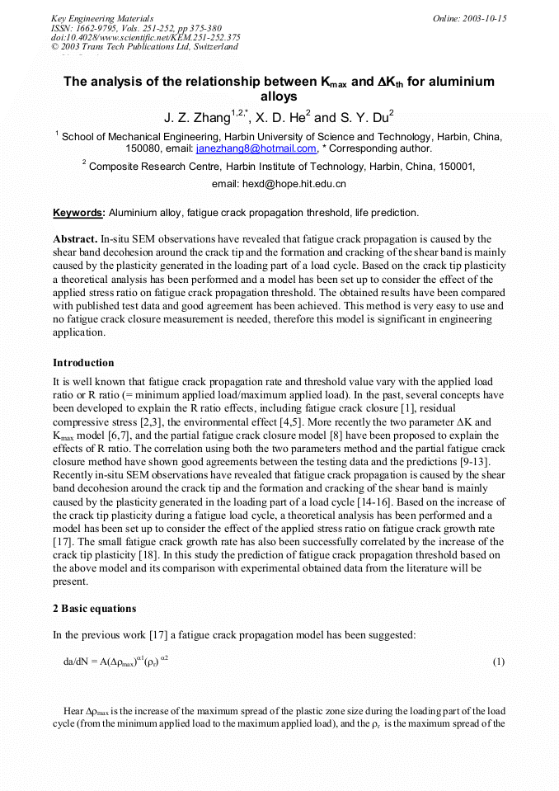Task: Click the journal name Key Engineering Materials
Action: (x=101, y=17)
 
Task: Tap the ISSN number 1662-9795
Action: (x=96, y=27)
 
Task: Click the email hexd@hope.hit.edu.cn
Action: (x=279, y=183)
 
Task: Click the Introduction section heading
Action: (x=83, y=362)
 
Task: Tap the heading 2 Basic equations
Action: (x=95, y=609)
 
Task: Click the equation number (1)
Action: (x=498, y=662)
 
